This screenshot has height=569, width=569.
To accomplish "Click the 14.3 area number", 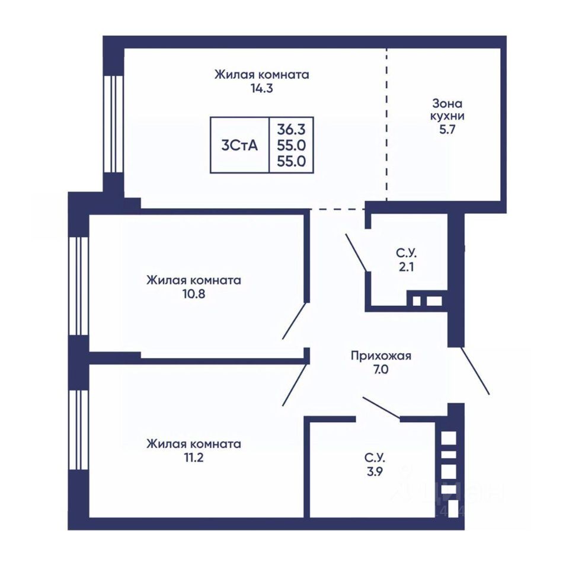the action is [261, 88].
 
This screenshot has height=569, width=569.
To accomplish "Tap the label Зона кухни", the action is [447, 110].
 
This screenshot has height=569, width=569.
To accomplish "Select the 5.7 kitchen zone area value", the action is [447, 130].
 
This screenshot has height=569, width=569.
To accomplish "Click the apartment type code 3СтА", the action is [239, 146].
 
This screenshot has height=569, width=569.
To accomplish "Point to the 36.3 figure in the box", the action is [292, 129].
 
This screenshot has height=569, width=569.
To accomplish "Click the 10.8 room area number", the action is [194, 293].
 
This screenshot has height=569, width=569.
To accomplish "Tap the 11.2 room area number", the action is [193, 457].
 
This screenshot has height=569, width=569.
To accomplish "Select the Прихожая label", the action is [381, 356].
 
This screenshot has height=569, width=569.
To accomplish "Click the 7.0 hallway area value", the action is [381, 369].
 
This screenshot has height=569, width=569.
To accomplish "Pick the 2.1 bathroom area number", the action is [406, 267].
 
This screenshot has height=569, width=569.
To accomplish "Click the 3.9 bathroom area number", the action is [375, 472].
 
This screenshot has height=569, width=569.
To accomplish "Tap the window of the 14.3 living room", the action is [114, 124].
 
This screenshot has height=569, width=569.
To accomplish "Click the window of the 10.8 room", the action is [79, 286].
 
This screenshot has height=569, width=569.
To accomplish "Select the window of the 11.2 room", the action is [79, 430].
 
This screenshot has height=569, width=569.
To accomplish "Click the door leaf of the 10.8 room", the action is [295, 321].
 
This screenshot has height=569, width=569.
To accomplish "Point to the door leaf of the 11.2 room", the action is [295, 385].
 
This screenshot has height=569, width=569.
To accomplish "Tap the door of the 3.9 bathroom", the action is [381, 408].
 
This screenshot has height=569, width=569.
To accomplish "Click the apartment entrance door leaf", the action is [475, 371].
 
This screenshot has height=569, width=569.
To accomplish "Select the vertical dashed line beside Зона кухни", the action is [386, 124].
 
